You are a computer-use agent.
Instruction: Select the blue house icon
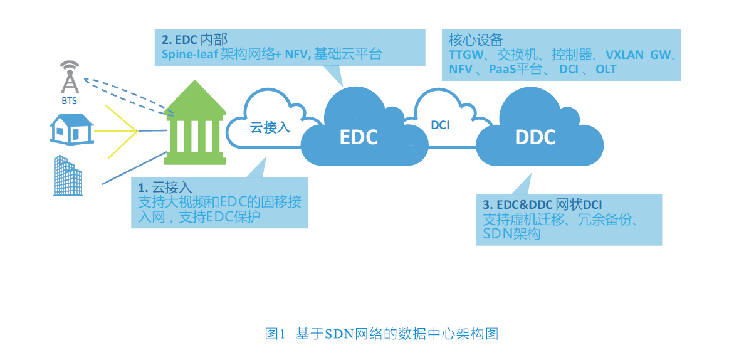pos(71,129)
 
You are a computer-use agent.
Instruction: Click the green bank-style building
pos(195,123)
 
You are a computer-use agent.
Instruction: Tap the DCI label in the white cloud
pos(440,125)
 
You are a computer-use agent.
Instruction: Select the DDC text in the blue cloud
pos(535,137)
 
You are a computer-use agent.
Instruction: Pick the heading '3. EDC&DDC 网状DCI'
pos(543,204)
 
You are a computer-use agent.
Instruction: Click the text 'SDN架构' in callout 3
pos(512,234)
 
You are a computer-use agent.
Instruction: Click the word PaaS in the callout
pos(503,69)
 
